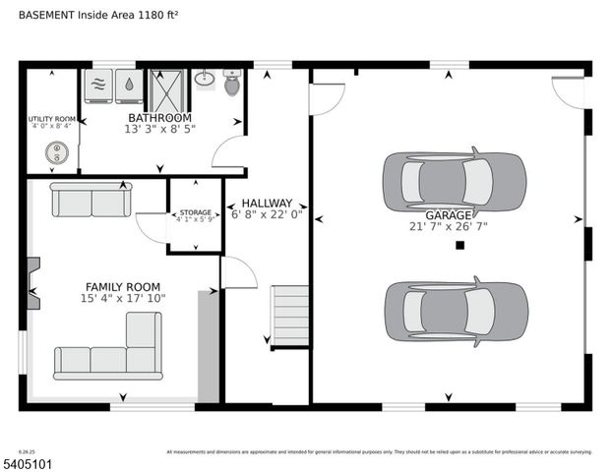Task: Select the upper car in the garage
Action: click(x=454, y=181)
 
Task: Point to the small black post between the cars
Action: click(x=459, y=246)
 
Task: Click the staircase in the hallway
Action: click(x=290, y=316)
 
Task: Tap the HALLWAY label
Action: click(x=268, y=203)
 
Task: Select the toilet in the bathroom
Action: click(x=232, y=84)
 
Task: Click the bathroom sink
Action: click(x=204, y=79)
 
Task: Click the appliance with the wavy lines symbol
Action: click(x=99, y=87)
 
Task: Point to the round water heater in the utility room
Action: click(x=56, y=153)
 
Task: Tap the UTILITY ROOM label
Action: click(x=51, y=118)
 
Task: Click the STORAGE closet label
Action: click(x=194, y=212)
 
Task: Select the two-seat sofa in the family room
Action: click(x=91, y=200)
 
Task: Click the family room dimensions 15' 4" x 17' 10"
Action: click(x=124, y=298)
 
